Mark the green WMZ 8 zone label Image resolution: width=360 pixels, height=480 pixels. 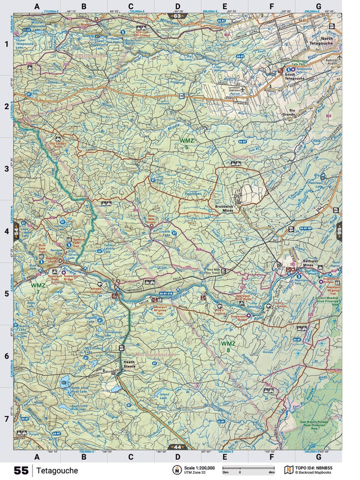tap(228, 346)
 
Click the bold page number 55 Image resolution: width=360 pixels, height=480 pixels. tap(21, 470)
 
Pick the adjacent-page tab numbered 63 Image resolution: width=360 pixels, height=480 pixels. tap(178, 16)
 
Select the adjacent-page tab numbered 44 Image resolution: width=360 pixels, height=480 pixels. tap(178, 447)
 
